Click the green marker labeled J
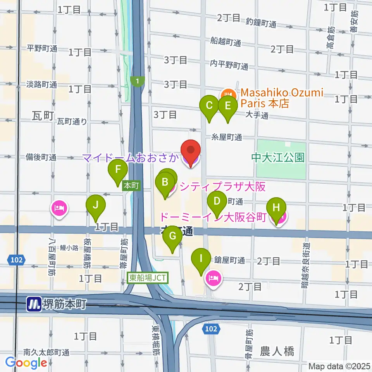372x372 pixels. click(96, 206)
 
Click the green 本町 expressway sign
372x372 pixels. click(131, 186)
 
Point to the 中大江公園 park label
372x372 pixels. click(278, 157)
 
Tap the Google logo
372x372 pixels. click(26, 362)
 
